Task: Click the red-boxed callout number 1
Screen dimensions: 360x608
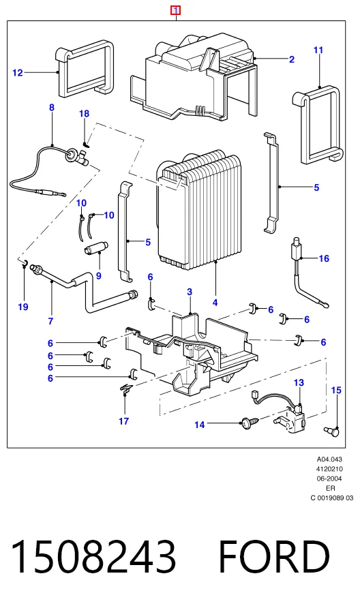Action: (x=176, y=10)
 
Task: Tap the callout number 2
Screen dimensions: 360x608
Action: (x=292, y=59)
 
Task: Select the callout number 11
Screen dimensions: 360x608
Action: (x=318, y=50)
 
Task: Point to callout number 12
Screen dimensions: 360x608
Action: (x=18, y=72)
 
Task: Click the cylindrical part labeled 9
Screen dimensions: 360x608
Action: (x=95, y=248)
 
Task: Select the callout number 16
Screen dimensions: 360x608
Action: (x=324, y=258)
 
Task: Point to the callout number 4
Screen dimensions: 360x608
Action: (x=215, y=303)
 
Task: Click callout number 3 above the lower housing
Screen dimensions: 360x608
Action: (x=190, y=292)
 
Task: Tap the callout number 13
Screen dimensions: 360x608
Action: (x=299, y=383)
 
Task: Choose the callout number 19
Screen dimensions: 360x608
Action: (x=23, y=307)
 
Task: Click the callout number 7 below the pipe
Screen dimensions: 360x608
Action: (x=50, y=321)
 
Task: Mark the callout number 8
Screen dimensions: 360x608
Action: (x=52, y=108)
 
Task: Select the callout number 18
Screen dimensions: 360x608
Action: (x=84, y=114)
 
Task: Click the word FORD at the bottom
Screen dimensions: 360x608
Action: (x=274, y=557)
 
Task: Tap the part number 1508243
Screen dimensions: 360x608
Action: (x=93, y=557)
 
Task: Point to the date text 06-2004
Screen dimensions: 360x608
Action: (x=329, y=478)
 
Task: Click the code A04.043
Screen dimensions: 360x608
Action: (x=329, y=459)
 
